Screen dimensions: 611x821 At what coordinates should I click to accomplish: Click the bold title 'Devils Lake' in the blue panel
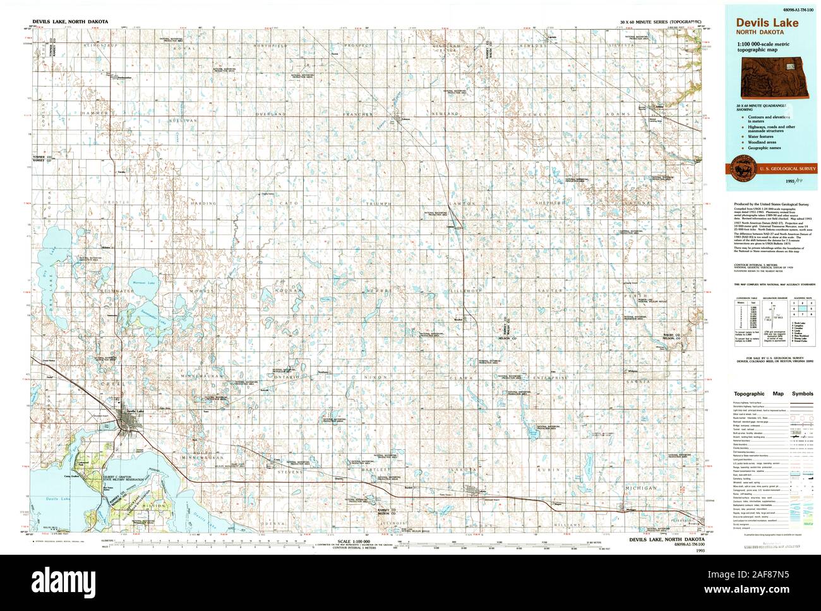[766, 23]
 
